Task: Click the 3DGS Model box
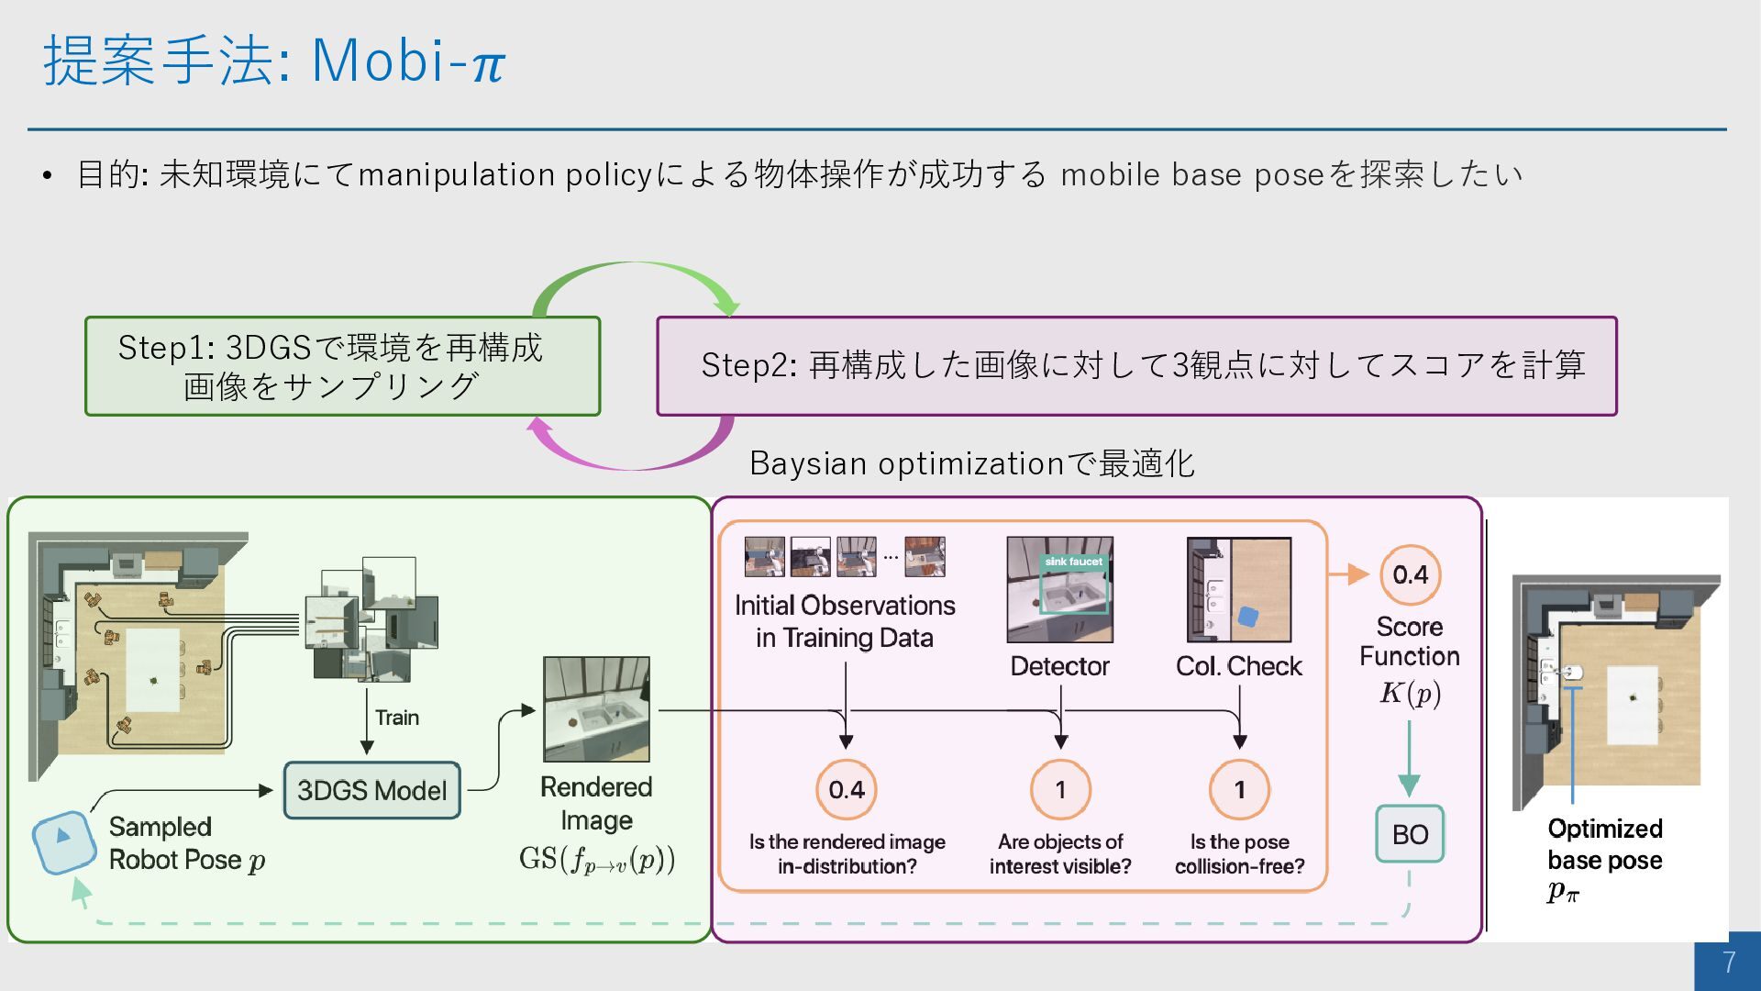click(371, 790)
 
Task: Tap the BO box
click(1410, 834)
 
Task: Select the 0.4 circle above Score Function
click(1410, 575)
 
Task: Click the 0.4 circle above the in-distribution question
click(846, 789)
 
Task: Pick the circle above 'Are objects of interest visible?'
click(1060, 789)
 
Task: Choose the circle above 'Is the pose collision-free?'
click(1239, 789)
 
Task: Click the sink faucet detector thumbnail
click(1059, 589)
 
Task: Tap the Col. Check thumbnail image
click(1239, 589)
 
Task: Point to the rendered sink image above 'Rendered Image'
click(596, 708)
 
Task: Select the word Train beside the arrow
click(397, 718)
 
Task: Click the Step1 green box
click(342, 366)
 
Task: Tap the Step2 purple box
click(1136, 366)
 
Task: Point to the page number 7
click(1729, 962)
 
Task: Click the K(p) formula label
click(1410, 693)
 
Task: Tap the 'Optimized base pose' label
click(1605, 844)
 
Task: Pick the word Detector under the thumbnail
click(1059, 666)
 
